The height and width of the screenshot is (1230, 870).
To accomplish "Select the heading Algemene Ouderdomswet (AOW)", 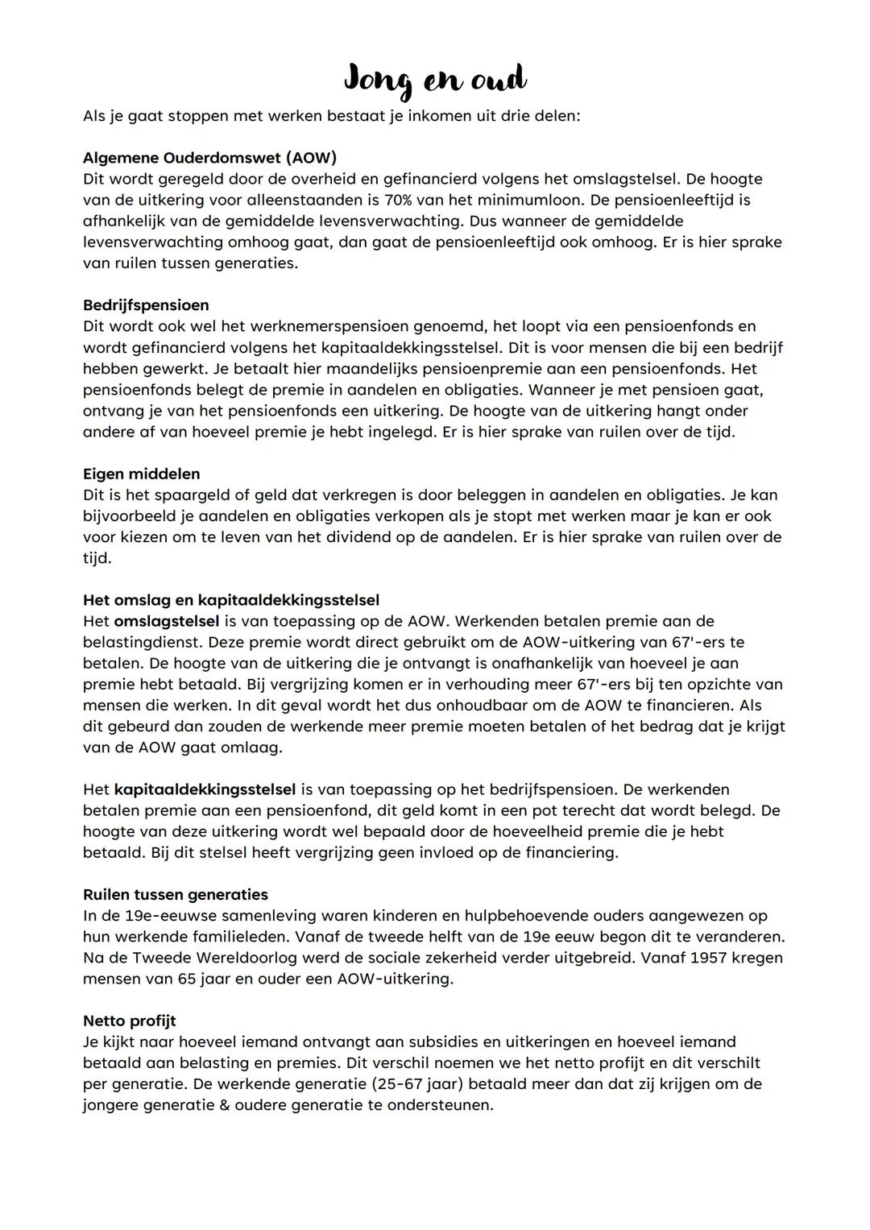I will point(209,158).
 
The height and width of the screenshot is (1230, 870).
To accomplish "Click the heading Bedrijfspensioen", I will point(146,305).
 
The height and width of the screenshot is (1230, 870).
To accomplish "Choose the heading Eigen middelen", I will point(141,474).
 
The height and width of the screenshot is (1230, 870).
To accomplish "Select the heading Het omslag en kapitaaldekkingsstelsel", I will point(231,600).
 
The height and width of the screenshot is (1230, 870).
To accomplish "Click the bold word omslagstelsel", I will point(166,621).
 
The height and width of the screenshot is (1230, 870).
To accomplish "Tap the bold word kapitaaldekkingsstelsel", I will point(205,789).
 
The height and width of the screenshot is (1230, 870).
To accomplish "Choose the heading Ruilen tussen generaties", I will point(176,895).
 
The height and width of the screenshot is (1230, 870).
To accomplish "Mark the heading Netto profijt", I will point(130,1021).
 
